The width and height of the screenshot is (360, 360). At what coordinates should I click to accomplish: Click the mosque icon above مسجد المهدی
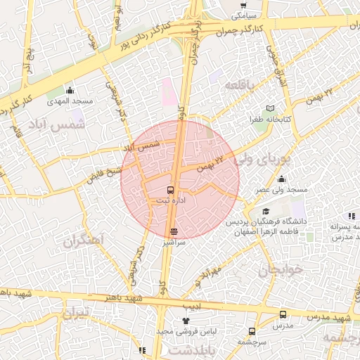(70, 90)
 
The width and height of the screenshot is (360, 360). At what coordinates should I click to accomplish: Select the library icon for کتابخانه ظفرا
(271, 108)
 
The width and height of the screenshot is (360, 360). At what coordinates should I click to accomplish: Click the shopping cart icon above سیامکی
(243, 5)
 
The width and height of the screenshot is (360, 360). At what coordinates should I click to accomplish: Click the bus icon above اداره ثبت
(169, 190)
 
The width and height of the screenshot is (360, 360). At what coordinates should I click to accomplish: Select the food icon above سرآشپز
(174, 231)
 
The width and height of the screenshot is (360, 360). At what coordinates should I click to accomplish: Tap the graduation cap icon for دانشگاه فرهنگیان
(265, 212)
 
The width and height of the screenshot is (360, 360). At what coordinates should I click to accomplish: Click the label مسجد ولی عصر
(282, 190)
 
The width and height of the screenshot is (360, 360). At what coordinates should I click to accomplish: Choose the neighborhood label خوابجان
(282, 269)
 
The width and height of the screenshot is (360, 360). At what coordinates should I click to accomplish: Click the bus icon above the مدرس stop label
(283, 314)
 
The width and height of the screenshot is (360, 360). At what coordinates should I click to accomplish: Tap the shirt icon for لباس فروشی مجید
(185, 321)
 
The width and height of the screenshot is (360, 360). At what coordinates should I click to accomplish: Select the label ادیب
(192, 307)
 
